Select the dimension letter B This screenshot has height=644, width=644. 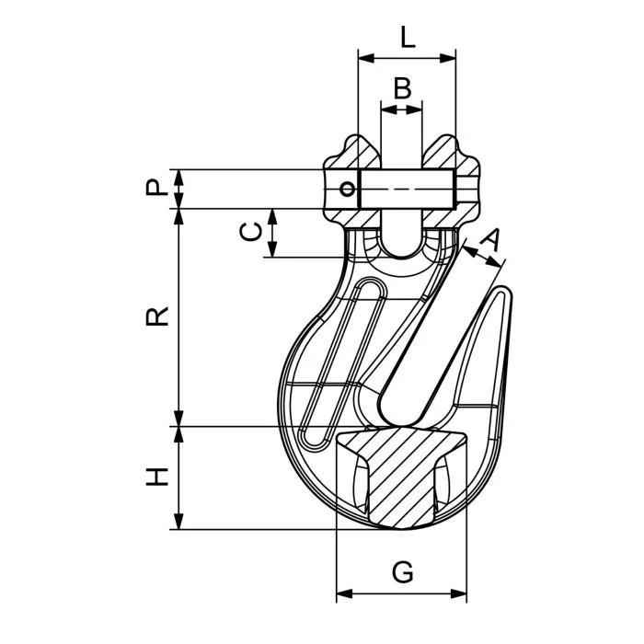[x=402, y=89]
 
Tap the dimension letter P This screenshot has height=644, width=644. [x=158, y=189]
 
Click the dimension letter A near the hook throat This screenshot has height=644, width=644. [x=491, y=240]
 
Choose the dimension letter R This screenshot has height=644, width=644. [x=158, y=316]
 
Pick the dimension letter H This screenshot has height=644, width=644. [x=158, y=477]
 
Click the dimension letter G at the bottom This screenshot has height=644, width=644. [x=402, y=572]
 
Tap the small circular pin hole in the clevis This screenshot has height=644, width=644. [x=347, y=190]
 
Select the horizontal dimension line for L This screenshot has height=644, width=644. [x=408, y=58]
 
